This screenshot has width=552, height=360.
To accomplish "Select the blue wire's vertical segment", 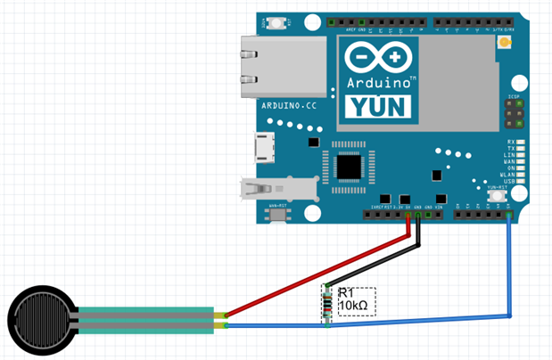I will click(x=509, y=267).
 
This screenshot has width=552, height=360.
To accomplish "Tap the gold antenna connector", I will click(x=504, y=42).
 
